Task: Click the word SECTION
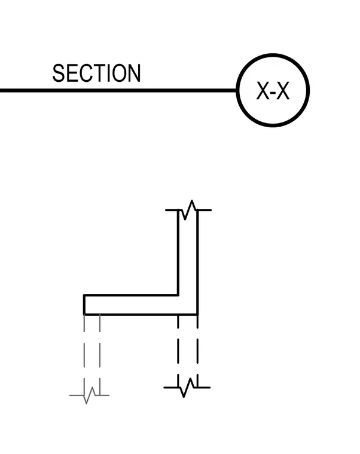coord(96,73)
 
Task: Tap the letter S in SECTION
coord(58,73)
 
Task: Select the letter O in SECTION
coord(119,73)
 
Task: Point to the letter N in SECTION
coord(135,73)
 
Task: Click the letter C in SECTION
coord(85,73)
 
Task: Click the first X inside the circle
coord(263,91)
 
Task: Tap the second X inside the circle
coord(283,91)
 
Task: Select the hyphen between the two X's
coord(273,93)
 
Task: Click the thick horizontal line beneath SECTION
coord(118,91)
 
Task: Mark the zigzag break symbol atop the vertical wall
coord(188,210)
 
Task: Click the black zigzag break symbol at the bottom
coord(187,388)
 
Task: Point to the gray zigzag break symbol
coord(89,395)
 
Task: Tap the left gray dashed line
coord(84,355)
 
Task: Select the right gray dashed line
coord(100,355)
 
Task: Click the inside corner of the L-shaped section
coord(178,295)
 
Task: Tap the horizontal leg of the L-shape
coord(131,305)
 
